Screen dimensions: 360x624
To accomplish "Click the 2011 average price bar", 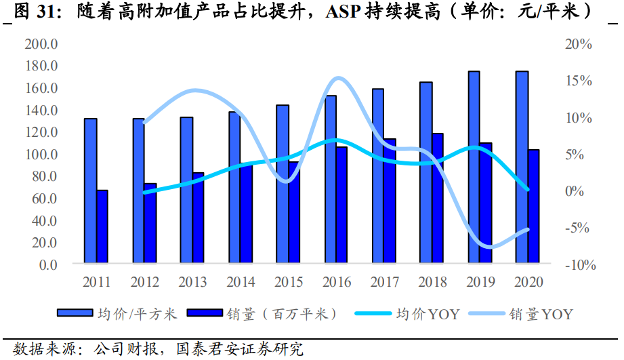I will coord(90,191).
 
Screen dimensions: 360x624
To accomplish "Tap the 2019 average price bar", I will coord(474,167).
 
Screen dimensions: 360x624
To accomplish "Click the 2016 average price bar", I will coord(331,179).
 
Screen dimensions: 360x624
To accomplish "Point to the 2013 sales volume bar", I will coord(198,218).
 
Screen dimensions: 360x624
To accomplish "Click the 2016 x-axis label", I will coord(336,281).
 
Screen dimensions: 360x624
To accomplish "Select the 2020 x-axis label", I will coord(528,281).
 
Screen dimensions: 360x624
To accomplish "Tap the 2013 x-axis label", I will coord(192,281).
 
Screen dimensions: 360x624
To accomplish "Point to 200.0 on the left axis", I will coord(41,44).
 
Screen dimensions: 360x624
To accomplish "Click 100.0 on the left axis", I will coord(41,155).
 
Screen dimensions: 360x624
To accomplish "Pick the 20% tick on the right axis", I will coord(579,44).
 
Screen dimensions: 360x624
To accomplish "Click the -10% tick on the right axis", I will coord(579,265).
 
